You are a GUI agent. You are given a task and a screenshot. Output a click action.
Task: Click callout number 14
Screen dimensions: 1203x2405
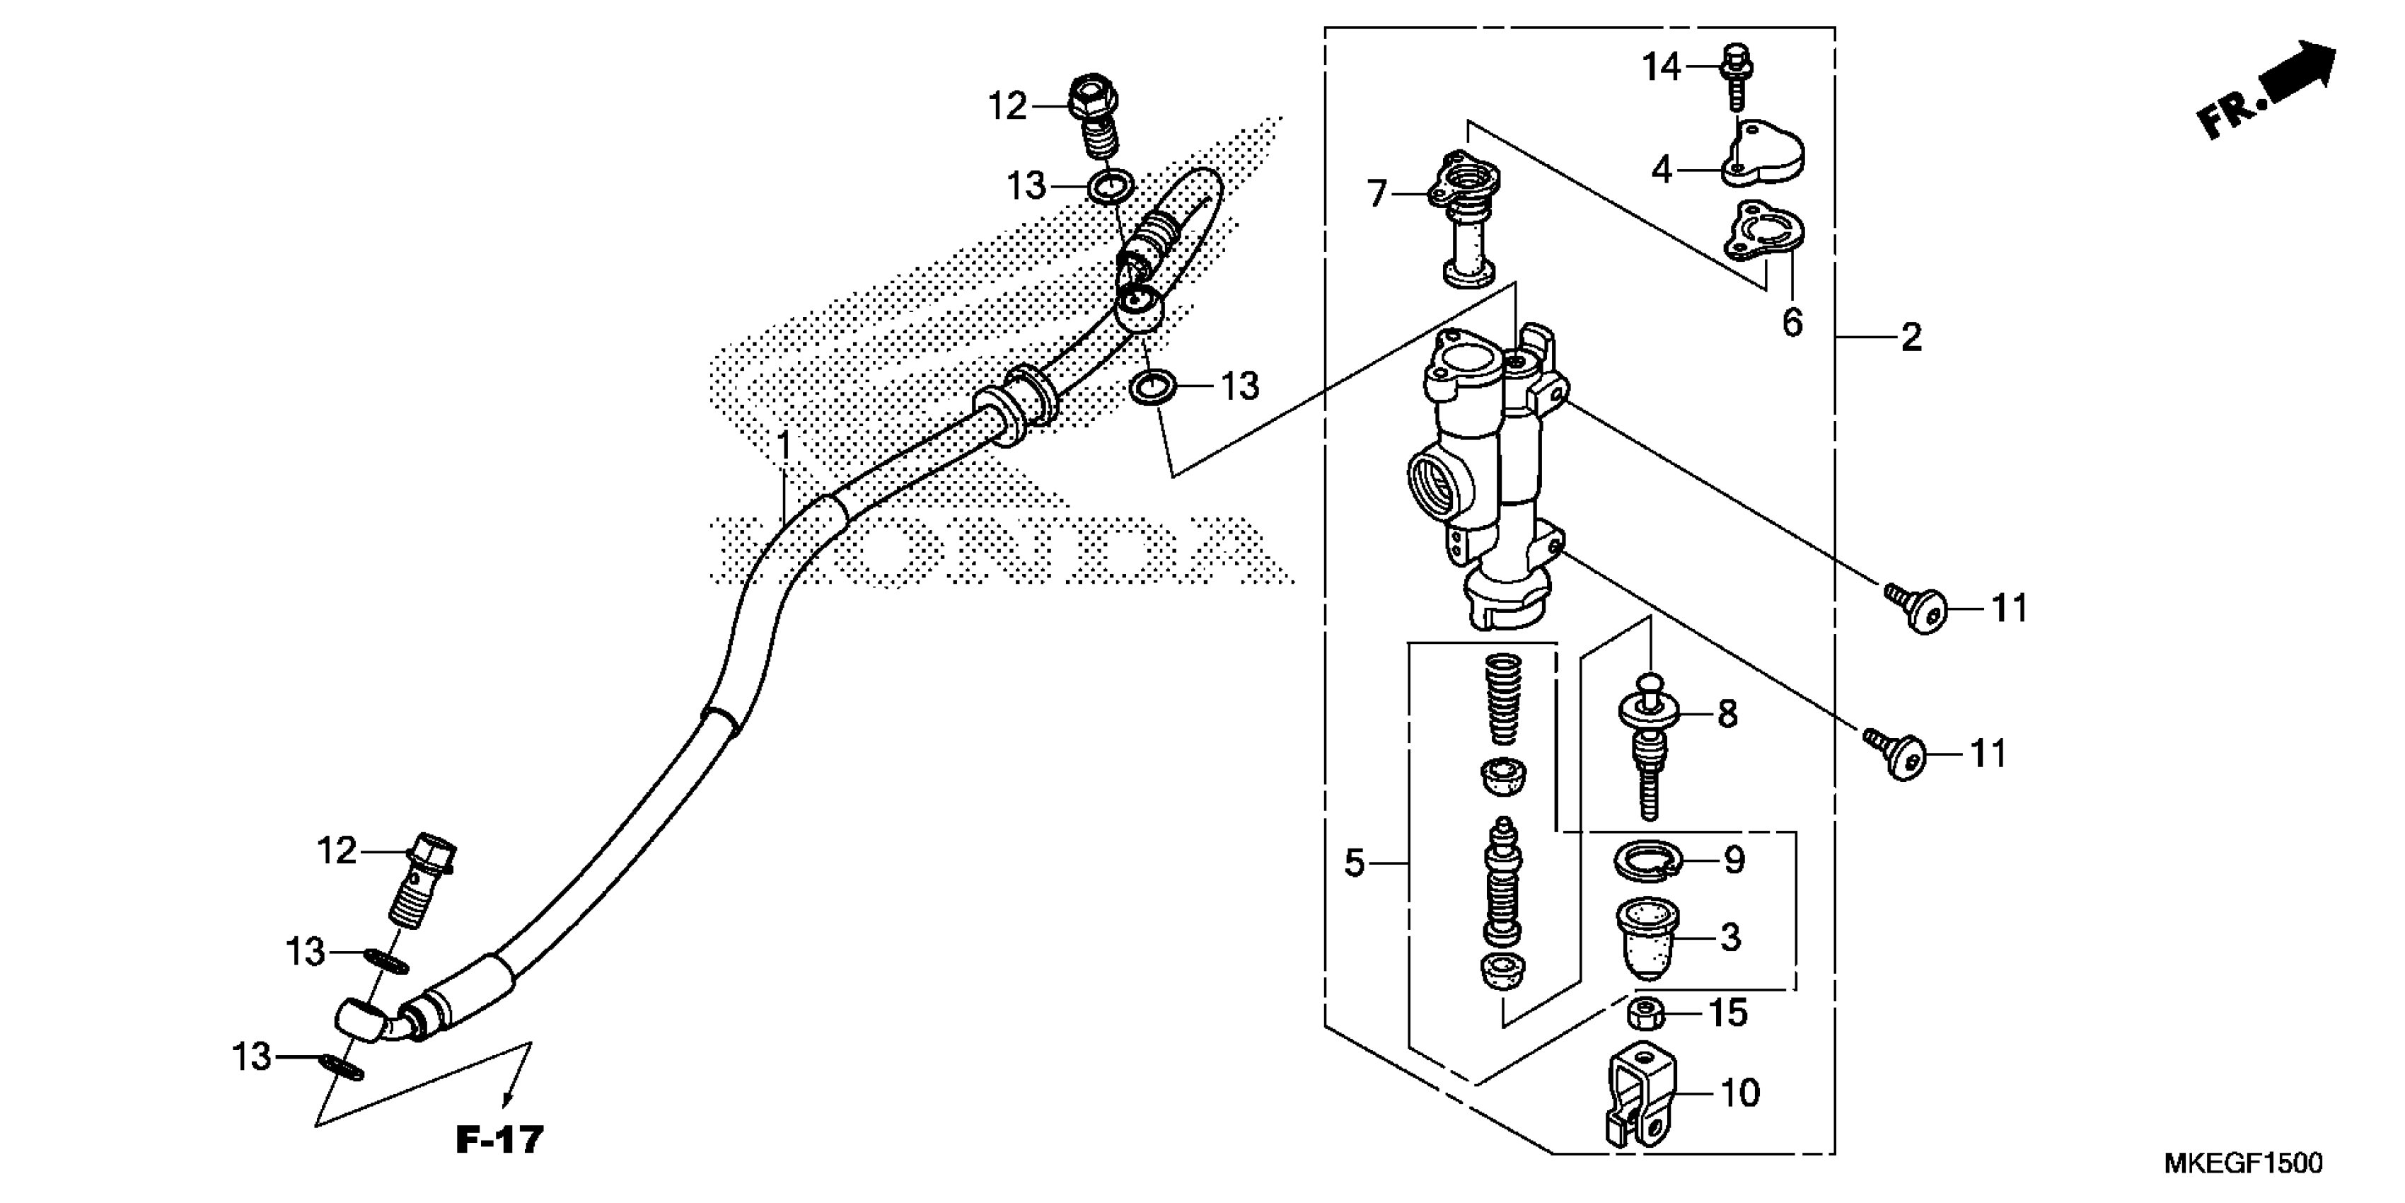(1661, 67)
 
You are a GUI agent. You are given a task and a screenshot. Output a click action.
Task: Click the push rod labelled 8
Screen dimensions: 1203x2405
(1650, 747)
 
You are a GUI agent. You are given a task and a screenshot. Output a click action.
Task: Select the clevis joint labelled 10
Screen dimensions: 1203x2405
(1641, 1102)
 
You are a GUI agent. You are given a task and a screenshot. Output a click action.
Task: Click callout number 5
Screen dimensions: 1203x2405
(1355, 863)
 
